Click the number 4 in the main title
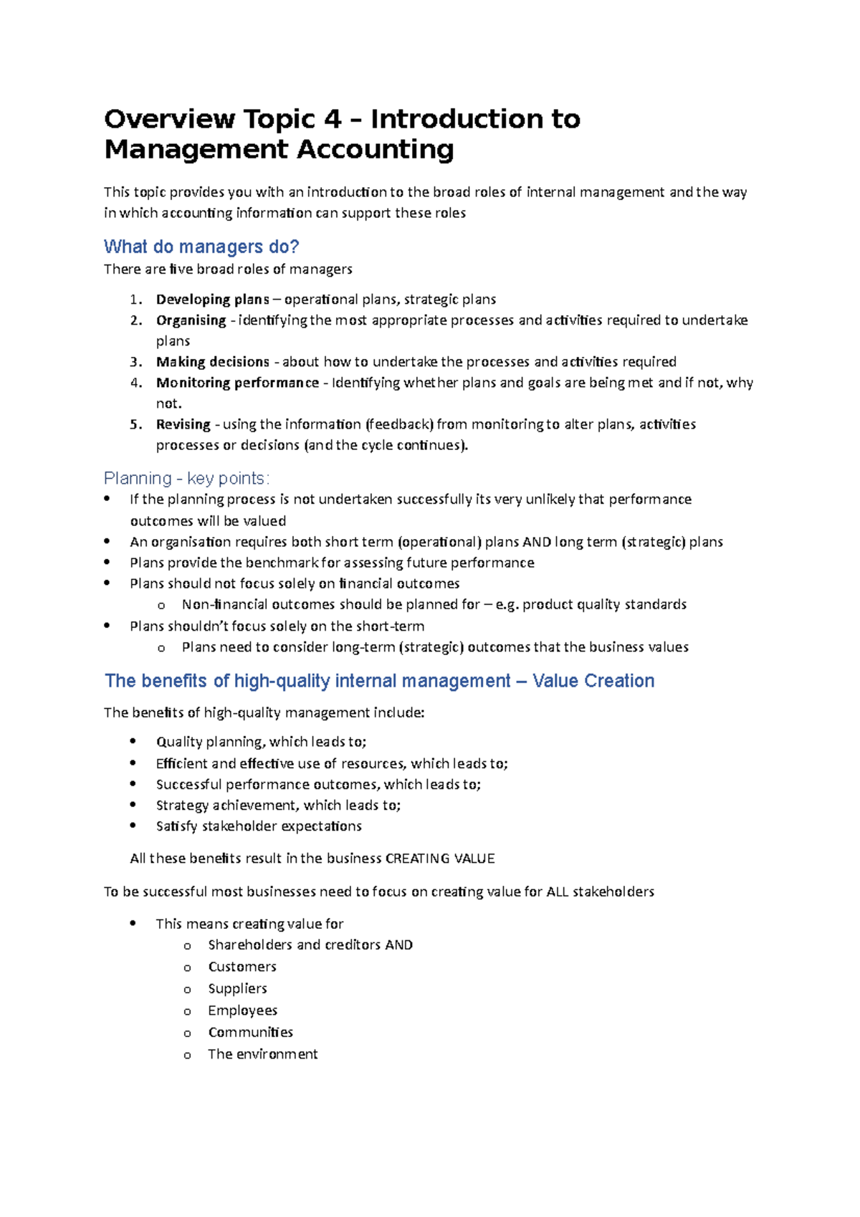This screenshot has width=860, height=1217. click(333, 119)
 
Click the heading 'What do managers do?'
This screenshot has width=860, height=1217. click(201, 247)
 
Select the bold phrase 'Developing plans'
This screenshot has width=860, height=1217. click(212, 300)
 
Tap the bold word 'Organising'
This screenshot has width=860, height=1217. click(191, 320)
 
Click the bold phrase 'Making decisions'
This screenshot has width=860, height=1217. click(212, 362)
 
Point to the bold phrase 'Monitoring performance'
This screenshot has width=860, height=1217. click(237, 383)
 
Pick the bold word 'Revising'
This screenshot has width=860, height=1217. click(183, 424)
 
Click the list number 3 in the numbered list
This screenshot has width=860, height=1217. click(135, 362)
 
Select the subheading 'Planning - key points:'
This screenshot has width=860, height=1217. click(186, 478)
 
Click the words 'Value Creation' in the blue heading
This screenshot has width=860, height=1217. click(593, 681)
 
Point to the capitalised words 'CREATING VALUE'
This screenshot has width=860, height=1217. click(440, 859)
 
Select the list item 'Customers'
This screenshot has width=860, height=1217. click(242, 967)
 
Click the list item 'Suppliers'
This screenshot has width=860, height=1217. click(237, 988)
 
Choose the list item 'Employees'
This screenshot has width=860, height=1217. click(242, 1011)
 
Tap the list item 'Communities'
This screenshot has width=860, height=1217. click(250, 1032)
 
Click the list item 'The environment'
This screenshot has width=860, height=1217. click(262, 1054)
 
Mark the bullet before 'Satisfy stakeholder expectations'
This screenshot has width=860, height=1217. click(133, 826)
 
